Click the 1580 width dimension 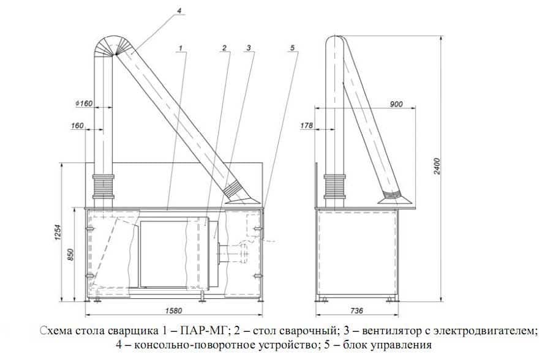(x=172, y=309)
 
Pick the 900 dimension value (x=396, y=104)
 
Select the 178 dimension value (x=307, y=126)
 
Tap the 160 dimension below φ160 (x=78, y=126)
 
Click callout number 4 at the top (x=179, y=10)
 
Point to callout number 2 (x=225, y=47)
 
